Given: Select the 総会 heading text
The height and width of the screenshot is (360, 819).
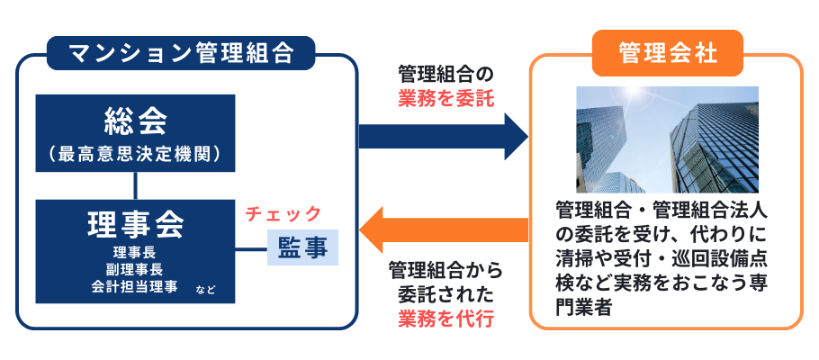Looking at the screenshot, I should [x=136, y=119].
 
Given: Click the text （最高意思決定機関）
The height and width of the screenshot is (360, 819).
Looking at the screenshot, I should [x=136, y=153].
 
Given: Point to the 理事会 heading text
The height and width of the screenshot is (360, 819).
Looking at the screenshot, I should [x=136, y=221].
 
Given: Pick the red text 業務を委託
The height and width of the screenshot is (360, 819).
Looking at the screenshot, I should [x=446, y=98].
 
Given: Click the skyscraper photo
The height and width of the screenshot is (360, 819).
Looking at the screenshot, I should [x=667, y=139].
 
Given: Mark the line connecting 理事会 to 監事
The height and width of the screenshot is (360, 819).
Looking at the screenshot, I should [x=251, y=247].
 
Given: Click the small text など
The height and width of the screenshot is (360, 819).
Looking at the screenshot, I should [x=206, y=290].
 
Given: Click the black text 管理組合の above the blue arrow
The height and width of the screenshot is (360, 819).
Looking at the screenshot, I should [x=446, y=74].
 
